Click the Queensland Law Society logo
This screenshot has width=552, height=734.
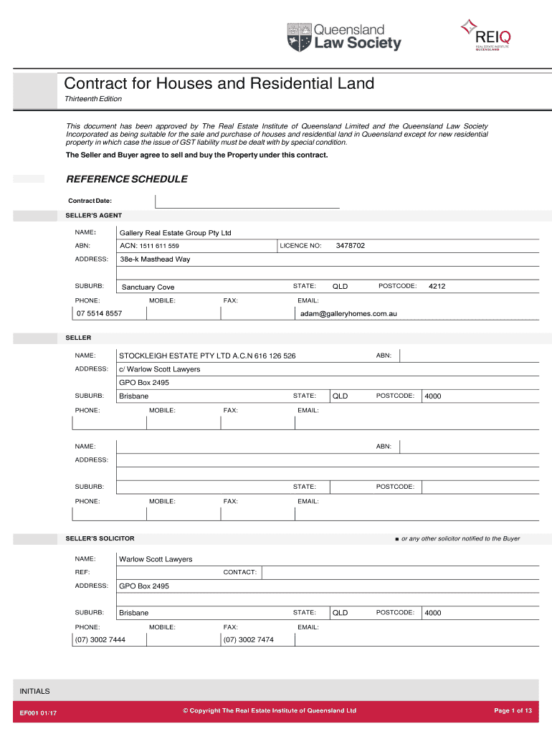(344, 37)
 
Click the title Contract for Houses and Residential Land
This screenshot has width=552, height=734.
(219, 84)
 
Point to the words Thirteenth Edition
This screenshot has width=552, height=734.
(93, 99)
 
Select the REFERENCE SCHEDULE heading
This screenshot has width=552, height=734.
(127, 179)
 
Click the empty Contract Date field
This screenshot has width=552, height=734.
(247, 201)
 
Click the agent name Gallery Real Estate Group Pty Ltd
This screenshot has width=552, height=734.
(175, 233)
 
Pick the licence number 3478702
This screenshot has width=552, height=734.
(350, 246)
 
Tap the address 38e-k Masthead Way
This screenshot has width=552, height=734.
(155, 259)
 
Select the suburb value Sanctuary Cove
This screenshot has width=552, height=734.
(148, 287)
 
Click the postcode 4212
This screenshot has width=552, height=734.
(437, 287)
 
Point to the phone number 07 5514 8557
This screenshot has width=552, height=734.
(99, 314)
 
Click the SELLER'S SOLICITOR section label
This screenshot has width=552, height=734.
(100, 538)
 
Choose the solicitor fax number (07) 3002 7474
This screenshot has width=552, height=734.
(248, 639)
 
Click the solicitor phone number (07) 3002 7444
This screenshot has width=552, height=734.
(100, 639)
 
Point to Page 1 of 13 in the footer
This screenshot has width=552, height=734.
(513, 710)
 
